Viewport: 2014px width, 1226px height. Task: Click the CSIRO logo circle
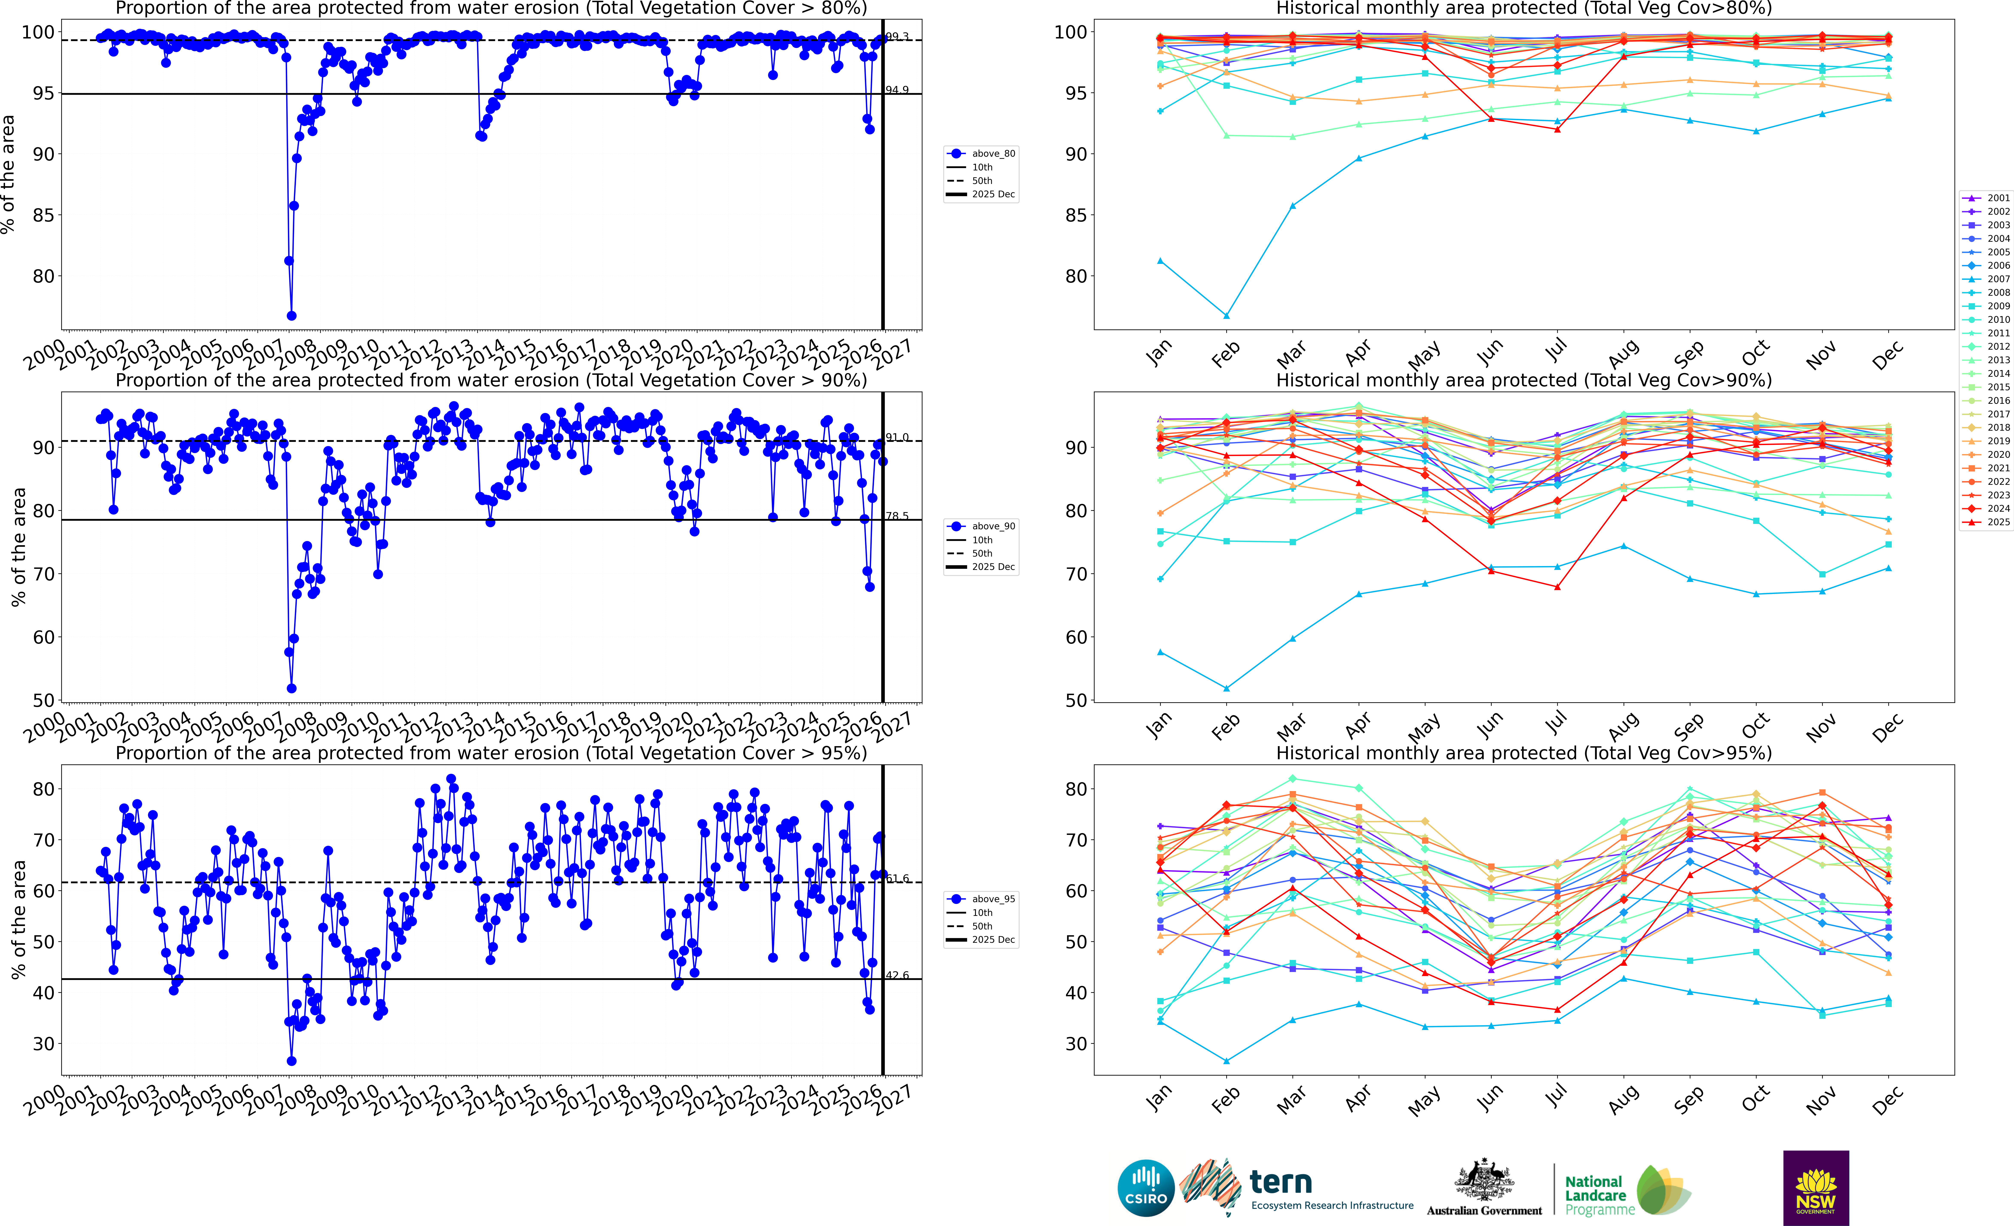(1146, 1188)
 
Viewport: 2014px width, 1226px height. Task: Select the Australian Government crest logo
(1483, 1181)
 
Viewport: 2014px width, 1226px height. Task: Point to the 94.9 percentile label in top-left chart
(898, 90)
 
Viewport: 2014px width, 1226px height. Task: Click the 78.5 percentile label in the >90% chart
(898, 516)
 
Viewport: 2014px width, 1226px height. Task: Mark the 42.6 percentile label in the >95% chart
(898, 975)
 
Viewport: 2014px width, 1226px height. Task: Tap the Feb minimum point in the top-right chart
(1226, 315)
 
